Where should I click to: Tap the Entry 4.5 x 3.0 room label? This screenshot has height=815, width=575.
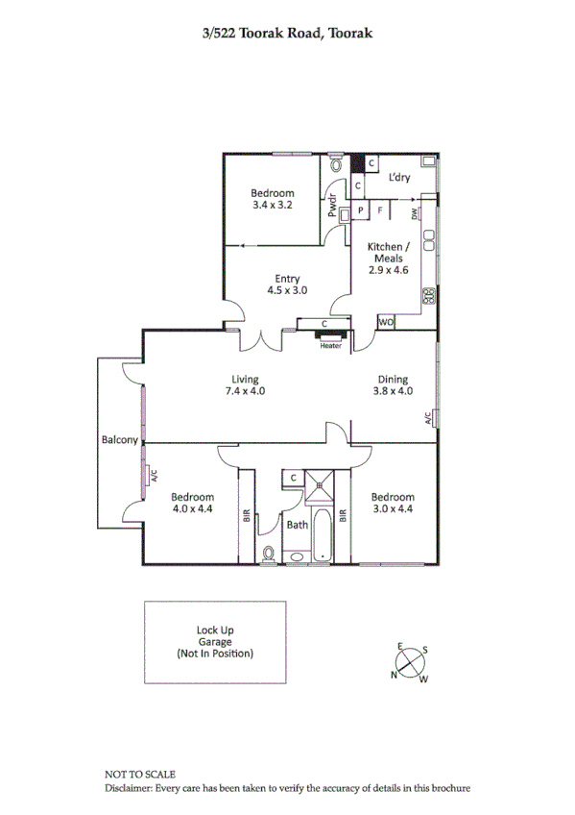287,284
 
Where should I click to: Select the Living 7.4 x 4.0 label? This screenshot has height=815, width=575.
245,384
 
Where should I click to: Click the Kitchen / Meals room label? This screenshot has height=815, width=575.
389,258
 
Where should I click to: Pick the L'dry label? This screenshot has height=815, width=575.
399,178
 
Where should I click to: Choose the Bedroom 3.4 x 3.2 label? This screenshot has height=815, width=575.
272,199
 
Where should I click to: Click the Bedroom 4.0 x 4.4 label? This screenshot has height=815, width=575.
192,503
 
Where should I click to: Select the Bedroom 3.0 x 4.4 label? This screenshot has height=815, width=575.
393,503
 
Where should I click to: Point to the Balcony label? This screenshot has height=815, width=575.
120,440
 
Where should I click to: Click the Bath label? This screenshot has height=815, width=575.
297,525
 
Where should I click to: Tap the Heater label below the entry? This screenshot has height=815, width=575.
330,346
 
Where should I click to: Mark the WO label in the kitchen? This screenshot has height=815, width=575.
386,322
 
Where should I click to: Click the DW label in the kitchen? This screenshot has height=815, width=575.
415,214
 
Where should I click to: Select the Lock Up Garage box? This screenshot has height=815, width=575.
214,641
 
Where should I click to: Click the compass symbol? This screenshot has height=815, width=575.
410,662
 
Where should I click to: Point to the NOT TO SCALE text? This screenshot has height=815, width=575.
140,774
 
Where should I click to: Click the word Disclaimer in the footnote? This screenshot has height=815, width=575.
130,788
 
